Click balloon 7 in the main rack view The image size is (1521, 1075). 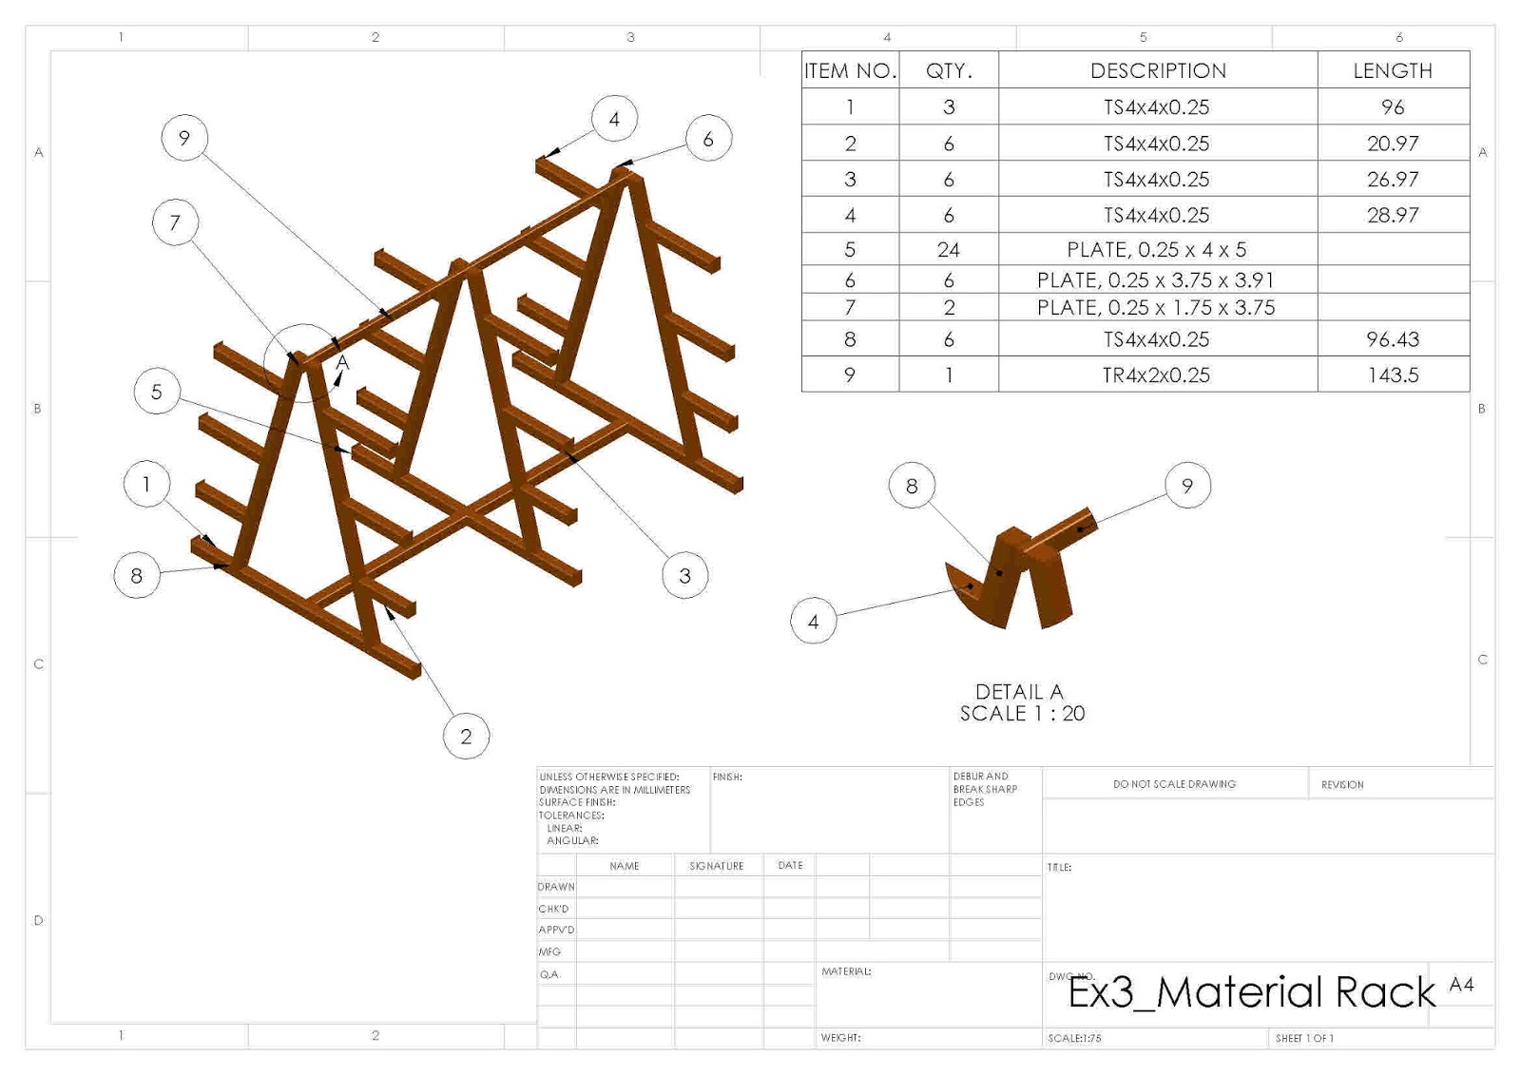tap(175, 222)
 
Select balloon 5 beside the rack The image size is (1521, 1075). tap(157, 392)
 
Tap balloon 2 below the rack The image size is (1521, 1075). tap(466, 736)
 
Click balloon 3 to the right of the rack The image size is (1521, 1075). tap(684, 575)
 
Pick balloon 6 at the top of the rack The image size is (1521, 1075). tap(708, 139)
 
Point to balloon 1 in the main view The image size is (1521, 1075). tap(146, 484)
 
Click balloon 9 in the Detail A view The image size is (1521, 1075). tap(1186, 486)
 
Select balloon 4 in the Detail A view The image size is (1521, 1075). tap(813, 622)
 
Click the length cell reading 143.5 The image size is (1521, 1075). tap(1393, 374)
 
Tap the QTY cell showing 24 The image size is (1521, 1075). tap(948, 250)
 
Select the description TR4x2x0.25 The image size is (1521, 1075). tap(1156, 374)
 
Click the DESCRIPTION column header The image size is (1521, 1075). tap(1157, 70)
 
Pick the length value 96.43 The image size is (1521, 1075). tap(1393, 339)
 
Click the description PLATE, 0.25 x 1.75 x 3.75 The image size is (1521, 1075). tap(1156, 308)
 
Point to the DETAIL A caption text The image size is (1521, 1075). tap(1019, 692)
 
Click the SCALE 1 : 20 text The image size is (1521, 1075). tap(1022, 714)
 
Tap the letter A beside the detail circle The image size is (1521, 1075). tap(342, 363)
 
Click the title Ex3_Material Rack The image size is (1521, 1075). tap(1251, 992)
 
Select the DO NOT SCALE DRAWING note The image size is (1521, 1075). tap(1174, 784)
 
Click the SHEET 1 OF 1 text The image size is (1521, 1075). tap(1304, 1038)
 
